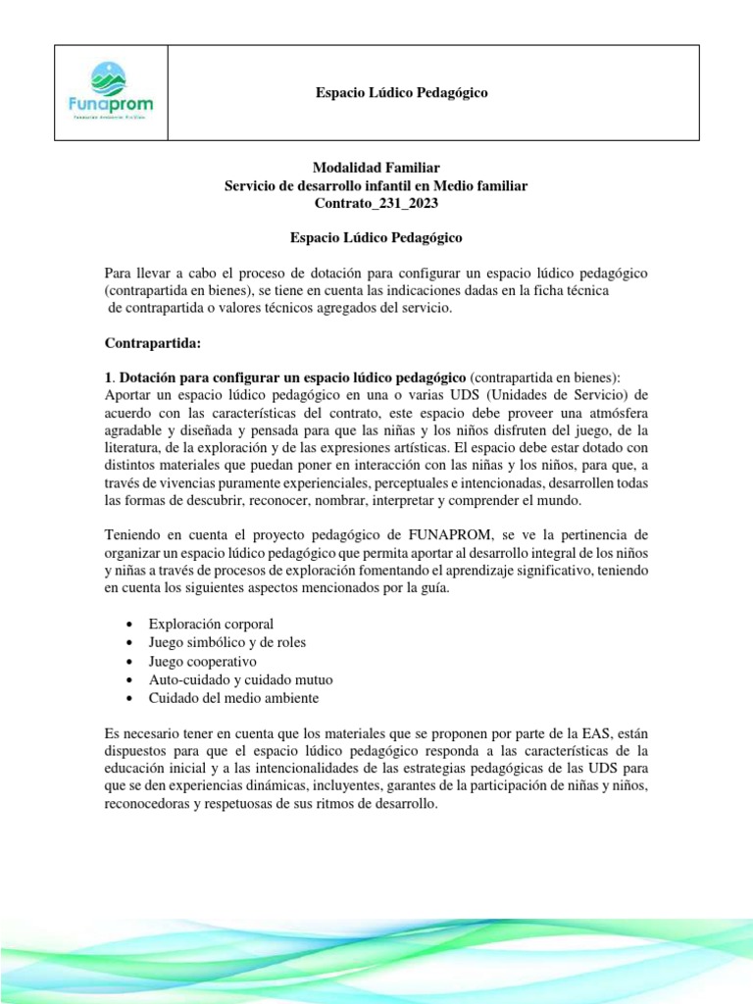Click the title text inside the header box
pyautogui.click(x=401, y=92)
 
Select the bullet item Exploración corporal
pyautogui.click(x=211, y=624)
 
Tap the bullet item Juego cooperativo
pyautogui.click(x=202, y=661)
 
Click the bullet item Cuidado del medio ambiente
pyautogui.click(x=233, y=698)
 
